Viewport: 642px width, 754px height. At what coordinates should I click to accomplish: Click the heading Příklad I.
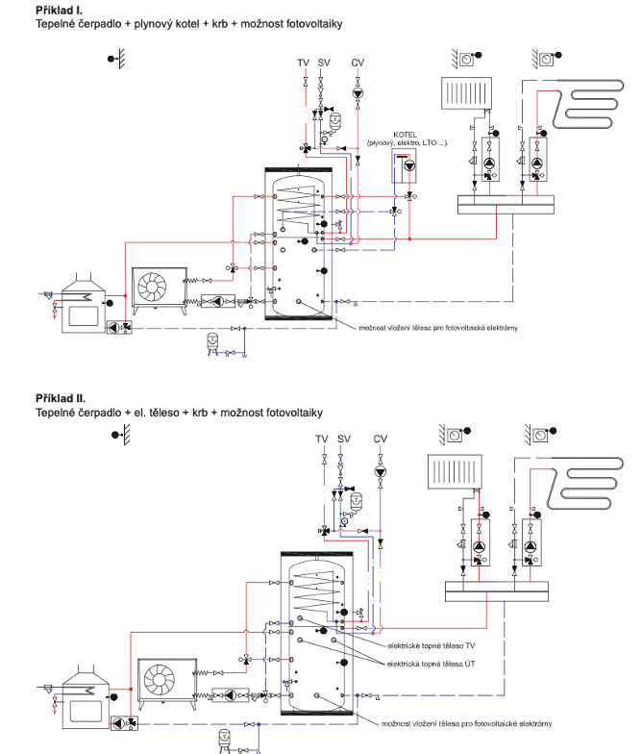60,9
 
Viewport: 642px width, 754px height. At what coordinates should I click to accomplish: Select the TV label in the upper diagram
303,63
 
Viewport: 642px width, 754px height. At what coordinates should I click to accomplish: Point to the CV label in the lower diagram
381,439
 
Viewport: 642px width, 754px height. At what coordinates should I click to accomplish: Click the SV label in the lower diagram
345,439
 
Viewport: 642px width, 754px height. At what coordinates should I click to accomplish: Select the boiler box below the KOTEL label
407,165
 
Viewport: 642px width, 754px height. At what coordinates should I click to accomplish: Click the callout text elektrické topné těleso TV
431,645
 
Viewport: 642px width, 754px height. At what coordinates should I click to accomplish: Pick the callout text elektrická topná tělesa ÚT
432,665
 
